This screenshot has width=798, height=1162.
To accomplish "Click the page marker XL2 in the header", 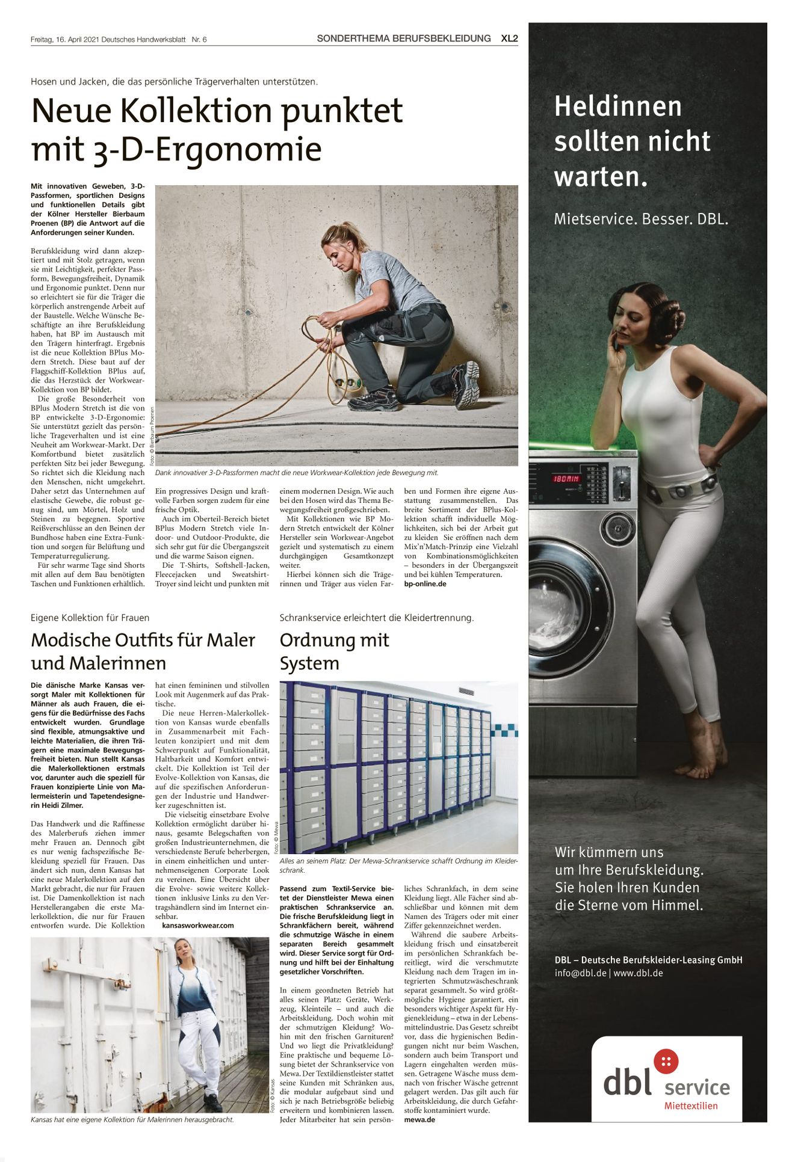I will (509, 38).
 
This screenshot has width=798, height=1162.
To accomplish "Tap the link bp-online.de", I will (425, 583).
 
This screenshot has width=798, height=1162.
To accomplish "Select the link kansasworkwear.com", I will (198, 925).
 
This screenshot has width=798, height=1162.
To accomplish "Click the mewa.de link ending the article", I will (419, 1119).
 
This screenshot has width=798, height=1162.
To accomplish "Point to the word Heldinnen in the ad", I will (617, 107).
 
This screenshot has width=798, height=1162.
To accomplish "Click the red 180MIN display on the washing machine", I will (566, 479).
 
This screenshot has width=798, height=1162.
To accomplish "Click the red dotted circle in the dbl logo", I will (666, 1061).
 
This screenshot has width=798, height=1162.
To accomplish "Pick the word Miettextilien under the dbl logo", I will (691, 1105).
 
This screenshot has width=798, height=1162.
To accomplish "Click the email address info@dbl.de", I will (580, 973).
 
